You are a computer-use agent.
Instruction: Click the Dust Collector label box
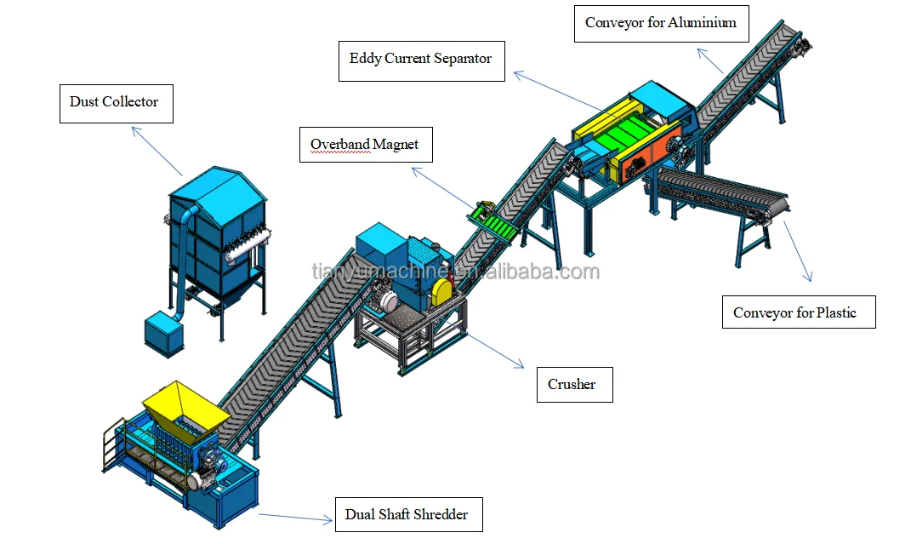point(115,103)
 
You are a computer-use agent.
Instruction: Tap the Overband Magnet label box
point(365,145)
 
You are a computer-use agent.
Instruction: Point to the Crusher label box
point(573,385)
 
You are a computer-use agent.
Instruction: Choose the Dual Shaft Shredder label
point(407,514)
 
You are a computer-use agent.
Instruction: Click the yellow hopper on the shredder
point(184,404)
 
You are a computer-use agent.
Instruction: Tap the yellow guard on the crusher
point(442,291)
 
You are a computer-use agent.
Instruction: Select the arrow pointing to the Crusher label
point(496,349)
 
